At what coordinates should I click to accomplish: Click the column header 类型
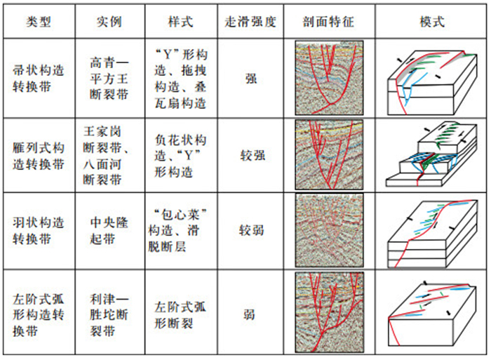coord(40,20)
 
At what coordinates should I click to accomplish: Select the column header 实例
coord(109,20)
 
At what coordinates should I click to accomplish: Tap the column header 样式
coord(180,20)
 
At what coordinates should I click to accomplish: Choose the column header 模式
coord(430,20)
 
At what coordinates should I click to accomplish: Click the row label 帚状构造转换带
coord(40,79)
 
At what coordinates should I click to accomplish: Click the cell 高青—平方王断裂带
coord(109,79)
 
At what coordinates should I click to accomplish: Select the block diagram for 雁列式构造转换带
coord(430,156)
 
